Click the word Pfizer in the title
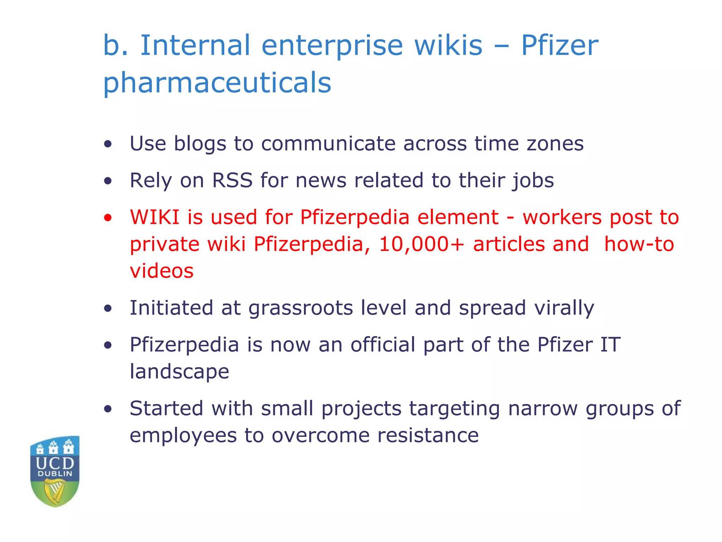(559, 46)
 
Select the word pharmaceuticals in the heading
(217, 83)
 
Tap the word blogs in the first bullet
(200, 144)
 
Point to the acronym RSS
(232, 180)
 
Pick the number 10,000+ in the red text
(422, 244)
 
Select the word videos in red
(162, 271)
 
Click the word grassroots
(301, 308)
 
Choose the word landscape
(179, 372)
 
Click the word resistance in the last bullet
(428, 435)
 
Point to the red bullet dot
(108, 217)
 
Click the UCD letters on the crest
(55, 463)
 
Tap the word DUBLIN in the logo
(55, 474)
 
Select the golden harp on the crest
(55, 491)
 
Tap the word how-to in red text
(639, 244)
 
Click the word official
(383, 345)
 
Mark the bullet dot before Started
(108, 409)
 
